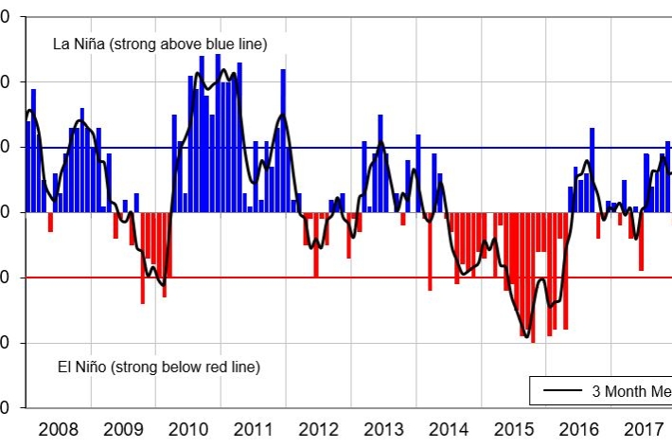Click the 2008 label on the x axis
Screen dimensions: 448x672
(59, 428)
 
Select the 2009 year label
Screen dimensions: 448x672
(124, 428)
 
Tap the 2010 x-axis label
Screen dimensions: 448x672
(188, 428)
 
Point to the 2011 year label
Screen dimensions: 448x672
(254, 428)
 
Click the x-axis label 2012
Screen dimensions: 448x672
(318, 428)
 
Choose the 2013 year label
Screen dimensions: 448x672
(383, 428)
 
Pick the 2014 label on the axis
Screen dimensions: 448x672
(448, 428)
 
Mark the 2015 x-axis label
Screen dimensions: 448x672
(513, 428)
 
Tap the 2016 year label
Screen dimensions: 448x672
(577, 428)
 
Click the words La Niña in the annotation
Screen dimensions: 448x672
(74, 45)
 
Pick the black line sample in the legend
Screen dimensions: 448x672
(559, 391)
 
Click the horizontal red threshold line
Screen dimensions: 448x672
(379, 278)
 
